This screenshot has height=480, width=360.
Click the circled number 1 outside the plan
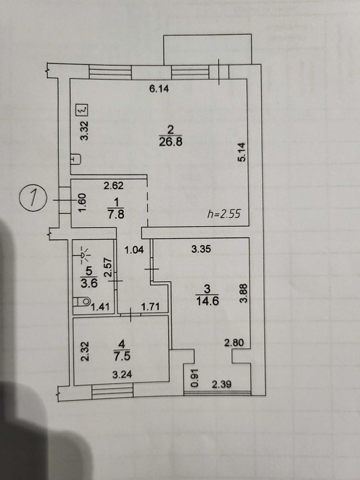click(x=33, y=199)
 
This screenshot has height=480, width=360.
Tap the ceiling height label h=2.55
click(x=224, y=213)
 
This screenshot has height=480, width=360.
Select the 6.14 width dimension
click(x=159, y=89)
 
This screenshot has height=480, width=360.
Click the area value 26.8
click(x=171, y=142)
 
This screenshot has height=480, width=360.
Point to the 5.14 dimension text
click(x=242, y=152)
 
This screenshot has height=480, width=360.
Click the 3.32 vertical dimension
click(x=84, y=131)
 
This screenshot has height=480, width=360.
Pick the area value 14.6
click(x=207, y=301)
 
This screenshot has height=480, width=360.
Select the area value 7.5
click(x=122, y=356)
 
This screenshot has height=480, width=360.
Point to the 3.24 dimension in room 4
click(x=122, y=374)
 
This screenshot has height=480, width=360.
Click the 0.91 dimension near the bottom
click(x=195, y=379)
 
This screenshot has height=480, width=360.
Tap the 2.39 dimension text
click(x=222, y=384)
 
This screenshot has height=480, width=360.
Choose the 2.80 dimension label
click(x=234, y=343)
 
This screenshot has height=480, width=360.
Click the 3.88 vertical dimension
click(x=243, y=293)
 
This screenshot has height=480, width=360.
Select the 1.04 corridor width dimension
click(x=134, y=250)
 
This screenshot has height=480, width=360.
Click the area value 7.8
click(x=116, y=214)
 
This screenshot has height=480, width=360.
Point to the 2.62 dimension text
click(x=114, y=185)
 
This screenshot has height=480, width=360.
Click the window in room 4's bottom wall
click(x=113, y=392)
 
